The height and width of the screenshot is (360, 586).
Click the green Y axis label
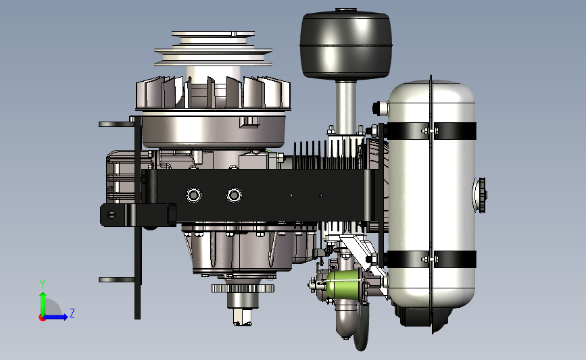pyautogui.click(x=43, y=284)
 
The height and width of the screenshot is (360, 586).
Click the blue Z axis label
pyautogui.click(x=72, y=313)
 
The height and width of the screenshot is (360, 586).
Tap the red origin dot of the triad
pyautogui.click(x=42, y=318)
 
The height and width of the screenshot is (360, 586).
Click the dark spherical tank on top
pyautogui.click(x=345, y=45)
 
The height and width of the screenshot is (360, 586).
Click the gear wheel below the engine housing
pyautogui.click(x=243, y=288)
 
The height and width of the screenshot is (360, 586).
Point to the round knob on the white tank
pyautogui.click(x=481, y=195)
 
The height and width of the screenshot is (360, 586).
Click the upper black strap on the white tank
pyautogui.click(x=431, y=131)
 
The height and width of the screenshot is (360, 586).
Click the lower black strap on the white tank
pyautogui.click(x=431, y=259)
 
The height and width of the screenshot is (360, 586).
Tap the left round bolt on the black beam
pyautogui.click(x=193, y=195)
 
